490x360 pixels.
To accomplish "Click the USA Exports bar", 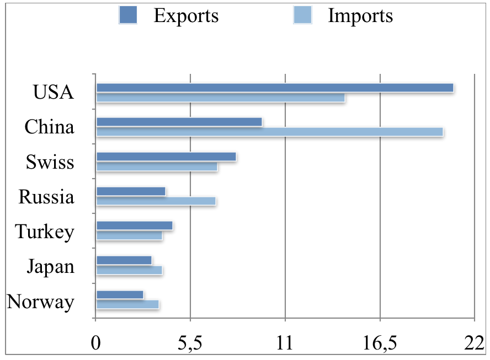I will coord(275,88).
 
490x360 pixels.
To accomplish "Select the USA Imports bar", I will coord(221,98).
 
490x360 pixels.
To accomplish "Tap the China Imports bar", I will coord(270,132).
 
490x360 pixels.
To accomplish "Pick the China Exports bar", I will coord(179,122).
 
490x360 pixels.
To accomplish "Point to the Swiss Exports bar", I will coord(166,157).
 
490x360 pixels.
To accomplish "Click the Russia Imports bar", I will coord(156,201).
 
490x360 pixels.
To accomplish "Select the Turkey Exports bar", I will coord(135,225).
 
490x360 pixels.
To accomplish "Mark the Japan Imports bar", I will coord(130,270).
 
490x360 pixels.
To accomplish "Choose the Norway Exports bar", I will coord(120,294).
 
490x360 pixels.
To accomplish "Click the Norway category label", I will coord(41,302).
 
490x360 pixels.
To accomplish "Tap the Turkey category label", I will coord(45,232).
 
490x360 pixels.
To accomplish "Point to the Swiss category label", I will coord(50,163).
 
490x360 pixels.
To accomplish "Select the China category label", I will coord(49,127).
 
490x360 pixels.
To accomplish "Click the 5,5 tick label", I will coord(190,343).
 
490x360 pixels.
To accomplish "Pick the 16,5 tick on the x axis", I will coord(380,343).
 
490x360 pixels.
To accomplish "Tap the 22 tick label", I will coord(475,343).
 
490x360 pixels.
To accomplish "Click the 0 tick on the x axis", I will coord(96,343).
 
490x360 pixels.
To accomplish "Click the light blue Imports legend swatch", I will coord(302,15).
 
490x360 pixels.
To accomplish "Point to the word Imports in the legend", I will coord(360,16).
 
